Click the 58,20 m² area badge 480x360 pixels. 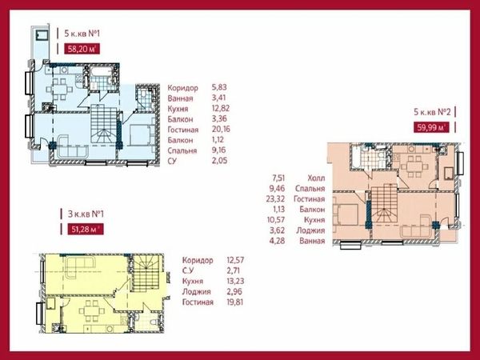point(82,49)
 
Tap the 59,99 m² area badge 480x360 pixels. point(431,127)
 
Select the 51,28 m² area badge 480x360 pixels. point(86,229)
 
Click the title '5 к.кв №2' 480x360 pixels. point(432,112)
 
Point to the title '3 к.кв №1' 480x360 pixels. point(86,214)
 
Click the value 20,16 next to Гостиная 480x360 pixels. point(221,130)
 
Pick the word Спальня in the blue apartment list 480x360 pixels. point(182,150)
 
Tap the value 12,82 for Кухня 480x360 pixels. point(221,109)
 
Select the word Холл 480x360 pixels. point(316,178)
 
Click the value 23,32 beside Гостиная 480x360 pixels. point(275,199)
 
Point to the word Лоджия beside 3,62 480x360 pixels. point(310,230)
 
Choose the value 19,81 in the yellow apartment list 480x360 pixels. point(235,302)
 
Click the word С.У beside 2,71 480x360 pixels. point(188,271)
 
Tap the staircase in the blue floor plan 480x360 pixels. point(104,124)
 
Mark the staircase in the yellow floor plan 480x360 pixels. point(146,273)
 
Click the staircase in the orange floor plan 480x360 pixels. point(384,204)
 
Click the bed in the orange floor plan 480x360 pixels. point(346,215)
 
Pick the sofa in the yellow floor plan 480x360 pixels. point(79,266)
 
